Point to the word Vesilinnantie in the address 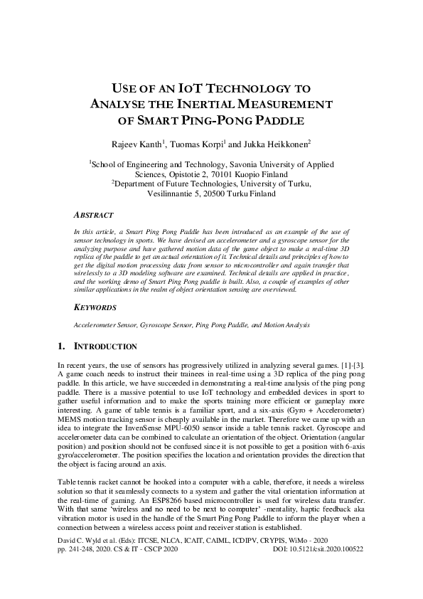173,193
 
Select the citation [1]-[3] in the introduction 350,364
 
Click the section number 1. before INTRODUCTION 60,346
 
